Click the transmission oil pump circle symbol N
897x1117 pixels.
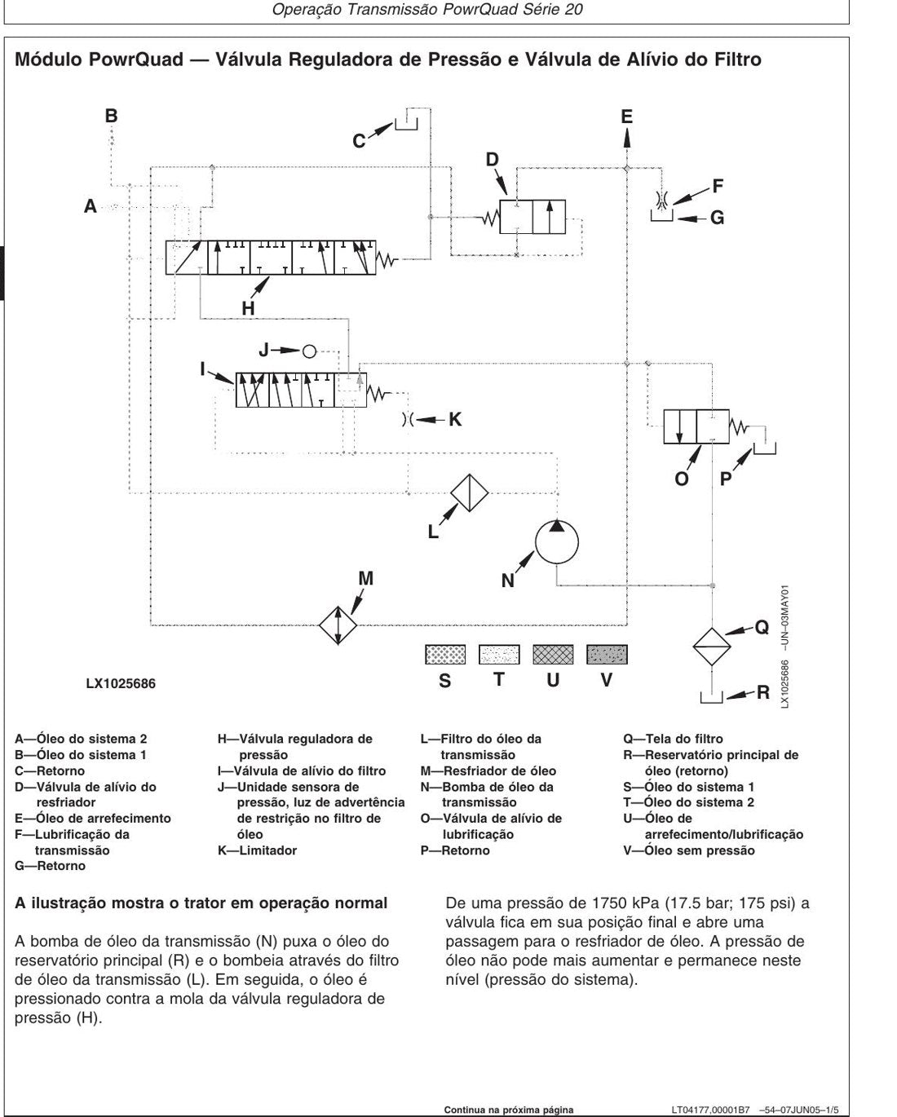pos(556,542)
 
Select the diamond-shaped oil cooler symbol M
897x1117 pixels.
pos(338,625)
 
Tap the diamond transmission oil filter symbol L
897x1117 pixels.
pos(469,492)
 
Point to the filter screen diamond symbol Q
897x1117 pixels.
pos(712,647)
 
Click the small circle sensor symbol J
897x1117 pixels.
pos(309,351)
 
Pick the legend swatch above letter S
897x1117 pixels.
pos(445,655)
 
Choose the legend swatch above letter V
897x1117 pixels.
pos(607,655)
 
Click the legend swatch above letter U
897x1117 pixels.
pos(553,655)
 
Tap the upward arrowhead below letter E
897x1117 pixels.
pos(627,138)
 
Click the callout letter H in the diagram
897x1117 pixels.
pos(248,308)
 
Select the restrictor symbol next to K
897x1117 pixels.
pos(408,419)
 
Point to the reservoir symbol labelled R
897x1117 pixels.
pos(711,697)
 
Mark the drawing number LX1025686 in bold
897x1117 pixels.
pos(121,683)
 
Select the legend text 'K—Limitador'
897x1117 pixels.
pos(258,850)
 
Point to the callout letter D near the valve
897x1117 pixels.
pos(492,159)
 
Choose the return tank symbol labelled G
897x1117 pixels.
pos(662,215)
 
